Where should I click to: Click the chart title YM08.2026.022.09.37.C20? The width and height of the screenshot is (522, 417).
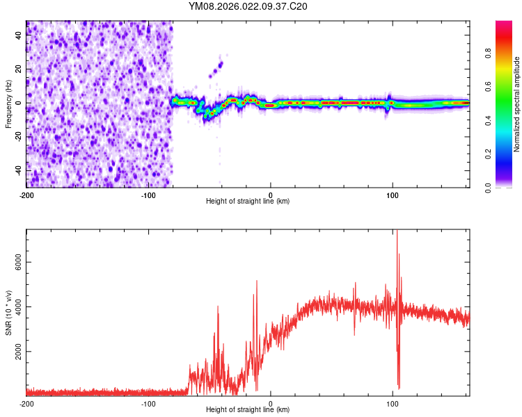pos(248,6)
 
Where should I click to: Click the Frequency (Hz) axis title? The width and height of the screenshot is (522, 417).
pos(8,104)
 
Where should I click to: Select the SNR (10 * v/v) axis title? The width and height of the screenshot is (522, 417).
pos(8,313)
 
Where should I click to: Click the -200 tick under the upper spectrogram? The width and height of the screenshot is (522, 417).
pos(26,195)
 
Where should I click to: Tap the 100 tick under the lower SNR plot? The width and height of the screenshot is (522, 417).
pos(393,403)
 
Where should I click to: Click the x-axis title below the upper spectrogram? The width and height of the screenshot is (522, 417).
pos(248,202)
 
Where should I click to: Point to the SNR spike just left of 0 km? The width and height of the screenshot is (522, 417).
pos(257,282)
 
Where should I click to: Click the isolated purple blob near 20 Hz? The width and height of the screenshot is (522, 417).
pos(220,65)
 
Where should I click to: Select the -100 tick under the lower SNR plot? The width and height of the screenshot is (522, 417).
pos(148,403)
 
